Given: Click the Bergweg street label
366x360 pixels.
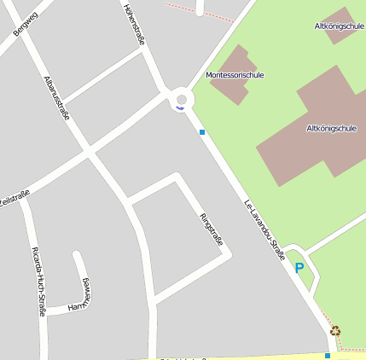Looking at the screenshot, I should pyautogui.click(x=26, y=23).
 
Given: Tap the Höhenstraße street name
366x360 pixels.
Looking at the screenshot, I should pyautogui.click(x=132, y=20).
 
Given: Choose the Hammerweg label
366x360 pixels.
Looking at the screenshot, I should pyautogui.click(x=80, y=295).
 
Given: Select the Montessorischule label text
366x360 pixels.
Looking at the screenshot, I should pyautogui.click(x=235, y=75).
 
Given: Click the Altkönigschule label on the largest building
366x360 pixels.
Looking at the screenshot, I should pyautogui.click(x=330, y=129).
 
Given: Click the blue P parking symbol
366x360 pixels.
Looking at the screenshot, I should pyautogui.click(x=299, y=267).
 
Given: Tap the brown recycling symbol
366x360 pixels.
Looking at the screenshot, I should pyautogui.click(x=335, y=330).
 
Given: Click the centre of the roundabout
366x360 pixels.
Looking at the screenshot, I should pyautogui.click(x=181, y=99).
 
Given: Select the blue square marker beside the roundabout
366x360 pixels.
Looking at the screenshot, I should pyautogui.click(x=202, y=131).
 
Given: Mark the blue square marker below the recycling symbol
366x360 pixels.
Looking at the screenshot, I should pyautogui.click(x=328, y=355).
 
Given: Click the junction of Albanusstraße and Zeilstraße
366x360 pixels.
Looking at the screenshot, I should pyautogui.click(x=89, y=154).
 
